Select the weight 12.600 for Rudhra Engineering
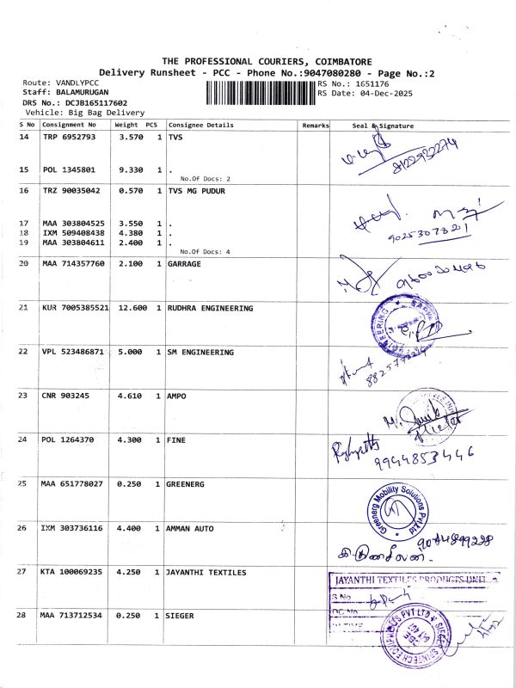coord(129,308)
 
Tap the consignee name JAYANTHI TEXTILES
coord(207,572)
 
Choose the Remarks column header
coord(316,126)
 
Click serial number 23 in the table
coord(23,396)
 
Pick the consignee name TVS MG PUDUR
coord(197,191)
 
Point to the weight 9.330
coord(129,170)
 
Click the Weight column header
coord(126,126)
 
